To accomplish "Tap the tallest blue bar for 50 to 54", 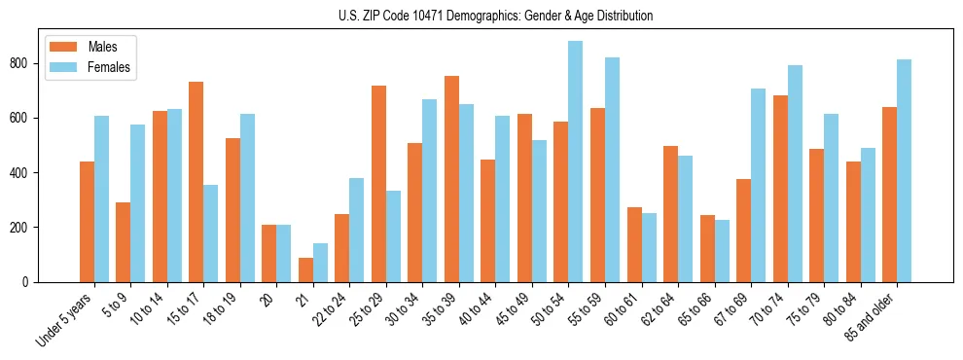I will (x=576, y=162).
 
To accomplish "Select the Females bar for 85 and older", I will (x=904, y=171).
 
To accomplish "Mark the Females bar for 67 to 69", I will (x=758, y=185).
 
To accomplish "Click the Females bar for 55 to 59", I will (x=612, y=170).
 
